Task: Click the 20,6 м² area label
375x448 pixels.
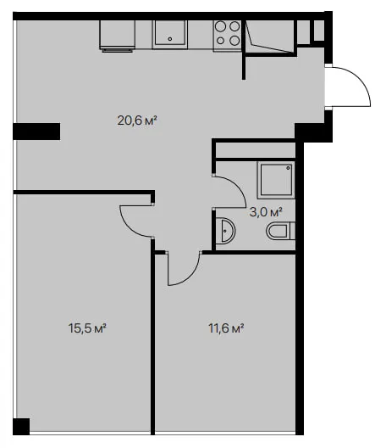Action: coord(137,120)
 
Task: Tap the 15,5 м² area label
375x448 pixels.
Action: coord(87,328)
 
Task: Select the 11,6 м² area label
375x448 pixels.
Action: coord(227,328)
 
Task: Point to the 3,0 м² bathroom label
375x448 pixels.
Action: coord(266,212)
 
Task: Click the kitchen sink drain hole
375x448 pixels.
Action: coord(170,39)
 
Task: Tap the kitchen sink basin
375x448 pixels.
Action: coord(170,35)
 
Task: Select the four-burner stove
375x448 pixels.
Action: coord(228,36)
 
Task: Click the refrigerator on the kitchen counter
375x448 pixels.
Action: coord(118,36)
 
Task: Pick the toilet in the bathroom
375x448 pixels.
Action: coord(281,231)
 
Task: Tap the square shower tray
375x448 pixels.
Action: coord(276,180)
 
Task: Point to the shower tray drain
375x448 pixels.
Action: coord(289,168)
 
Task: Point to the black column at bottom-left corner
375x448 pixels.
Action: coord(21,426)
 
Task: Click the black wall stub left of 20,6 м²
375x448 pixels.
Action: coord(36,132)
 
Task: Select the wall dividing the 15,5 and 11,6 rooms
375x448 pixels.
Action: coord(152,337)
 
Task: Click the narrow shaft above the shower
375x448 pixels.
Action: coord(256,149)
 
